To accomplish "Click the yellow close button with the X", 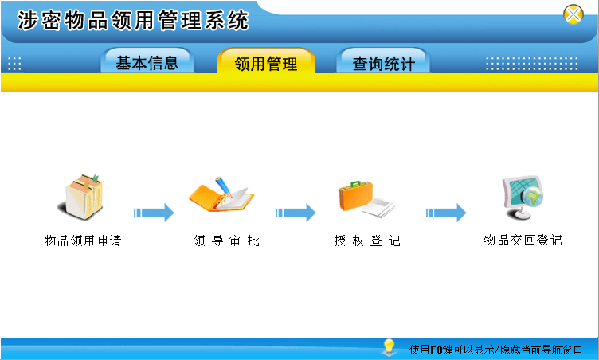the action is (573, 14).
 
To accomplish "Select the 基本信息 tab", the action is (147, 61).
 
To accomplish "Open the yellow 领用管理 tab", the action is (265, 61).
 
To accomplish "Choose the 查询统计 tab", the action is (383, 61).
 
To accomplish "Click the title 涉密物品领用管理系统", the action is (133, 20).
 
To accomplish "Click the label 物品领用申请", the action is (83, 241).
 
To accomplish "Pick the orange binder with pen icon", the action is (221, 194).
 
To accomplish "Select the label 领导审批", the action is (226, 241).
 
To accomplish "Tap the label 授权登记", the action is (367, 241).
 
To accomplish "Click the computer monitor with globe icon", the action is (523, 198).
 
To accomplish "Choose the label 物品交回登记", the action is (523, 240).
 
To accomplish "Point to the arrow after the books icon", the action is (154, 213).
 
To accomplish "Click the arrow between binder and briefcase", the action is (296, 213).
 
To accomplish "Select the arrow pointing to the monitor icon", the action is (446, 213).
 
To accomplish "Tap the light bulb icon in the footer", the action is (389, 347).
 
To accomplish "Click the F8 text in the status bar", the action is (436, 350).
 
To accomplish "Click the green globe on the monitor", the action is (534, 196).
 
